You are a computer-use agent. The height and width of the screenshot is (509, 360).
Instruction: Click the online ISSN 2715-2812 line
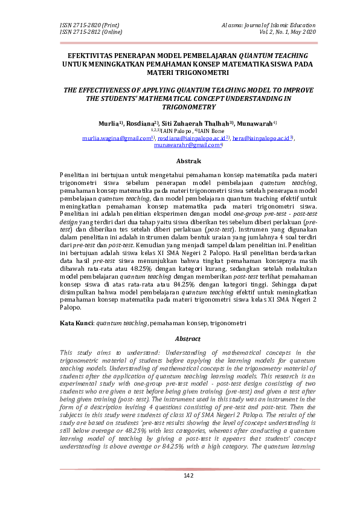pyautogui.click(x=90, y=31)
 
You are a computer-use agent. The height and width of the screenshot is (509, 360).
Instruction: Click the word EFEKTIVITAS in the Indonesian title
pyautogui.click(x=91, y=54)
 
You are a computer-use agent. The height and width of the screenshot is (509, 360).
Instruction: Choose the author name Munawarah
pyautogui.click(x=257, y=122)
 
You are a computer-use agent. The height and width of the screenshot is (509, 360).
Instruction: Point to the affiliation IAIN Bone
pyautogui.click(x=210, y=130)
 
